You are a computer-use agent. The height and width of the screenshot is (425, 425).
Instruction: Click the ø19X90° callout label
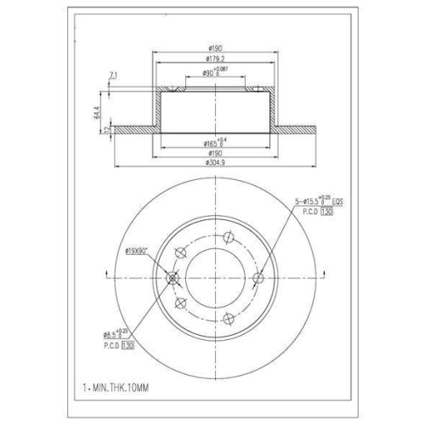click(138, 250)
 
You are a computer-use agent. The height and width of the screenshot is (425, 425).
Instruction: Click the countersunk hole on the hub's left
click(173, 277)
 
